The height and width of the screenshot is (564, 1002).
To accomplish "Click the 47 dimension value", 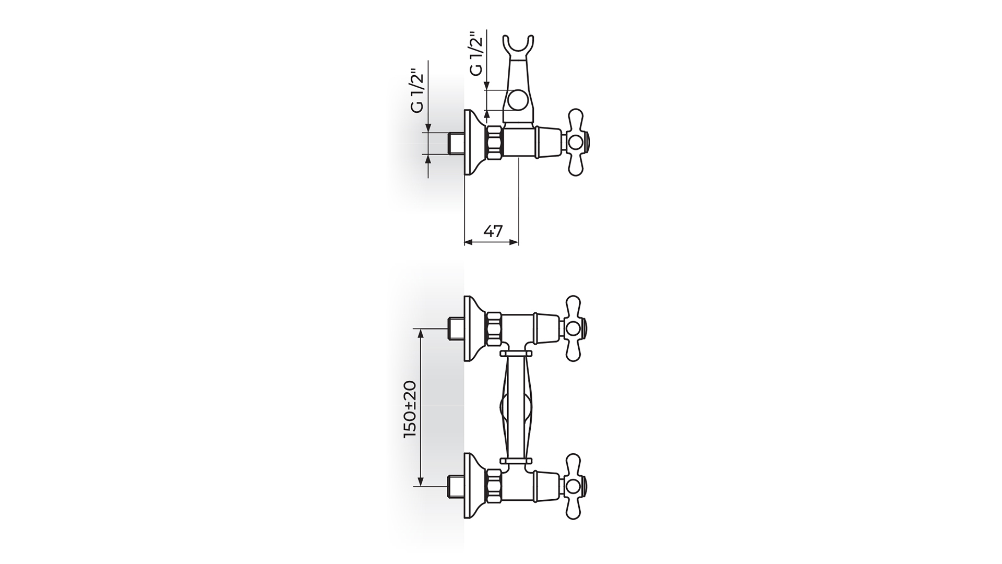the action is click(493, 231).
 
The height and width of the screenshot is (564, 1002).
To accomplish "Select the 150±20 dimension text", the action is click(411, 409).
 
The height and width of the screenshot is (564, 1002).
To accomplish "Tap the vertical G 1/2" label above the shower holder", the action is click(476, 54).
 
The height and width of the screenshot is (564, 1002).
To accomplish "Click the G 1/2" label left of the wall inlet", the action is click(417, 91).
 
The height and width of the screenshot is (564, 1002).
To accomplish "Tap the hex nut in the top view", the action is click(495, 142).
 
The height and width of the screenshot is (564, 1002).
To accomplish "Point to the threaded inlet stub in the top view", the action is click(457, 142).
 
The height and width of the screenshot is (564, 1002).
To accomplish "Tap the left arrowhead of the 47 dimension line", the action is click(468, 242).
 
